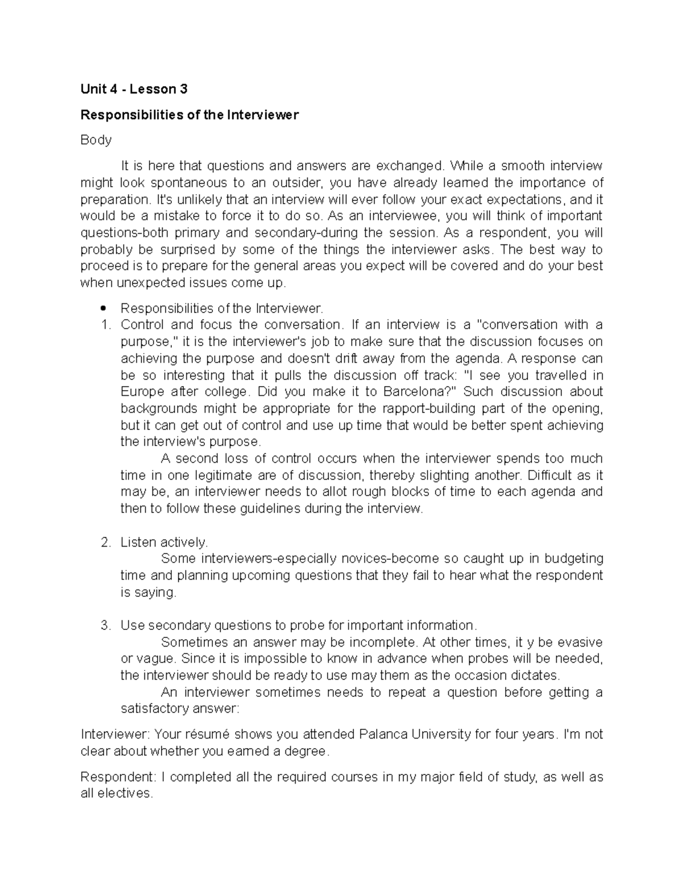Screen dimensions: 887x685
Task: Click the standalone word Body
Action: tap(96, 140)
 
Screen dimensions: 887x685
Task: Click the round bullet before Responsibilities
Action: tap(103, 309)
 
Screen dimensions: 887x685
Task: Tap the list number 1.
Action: tap(104, 325)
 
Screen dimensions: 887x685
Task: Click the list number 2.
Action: tap(104, 543)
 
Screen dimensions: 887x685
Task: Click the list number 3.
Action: tap(104, 625)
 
